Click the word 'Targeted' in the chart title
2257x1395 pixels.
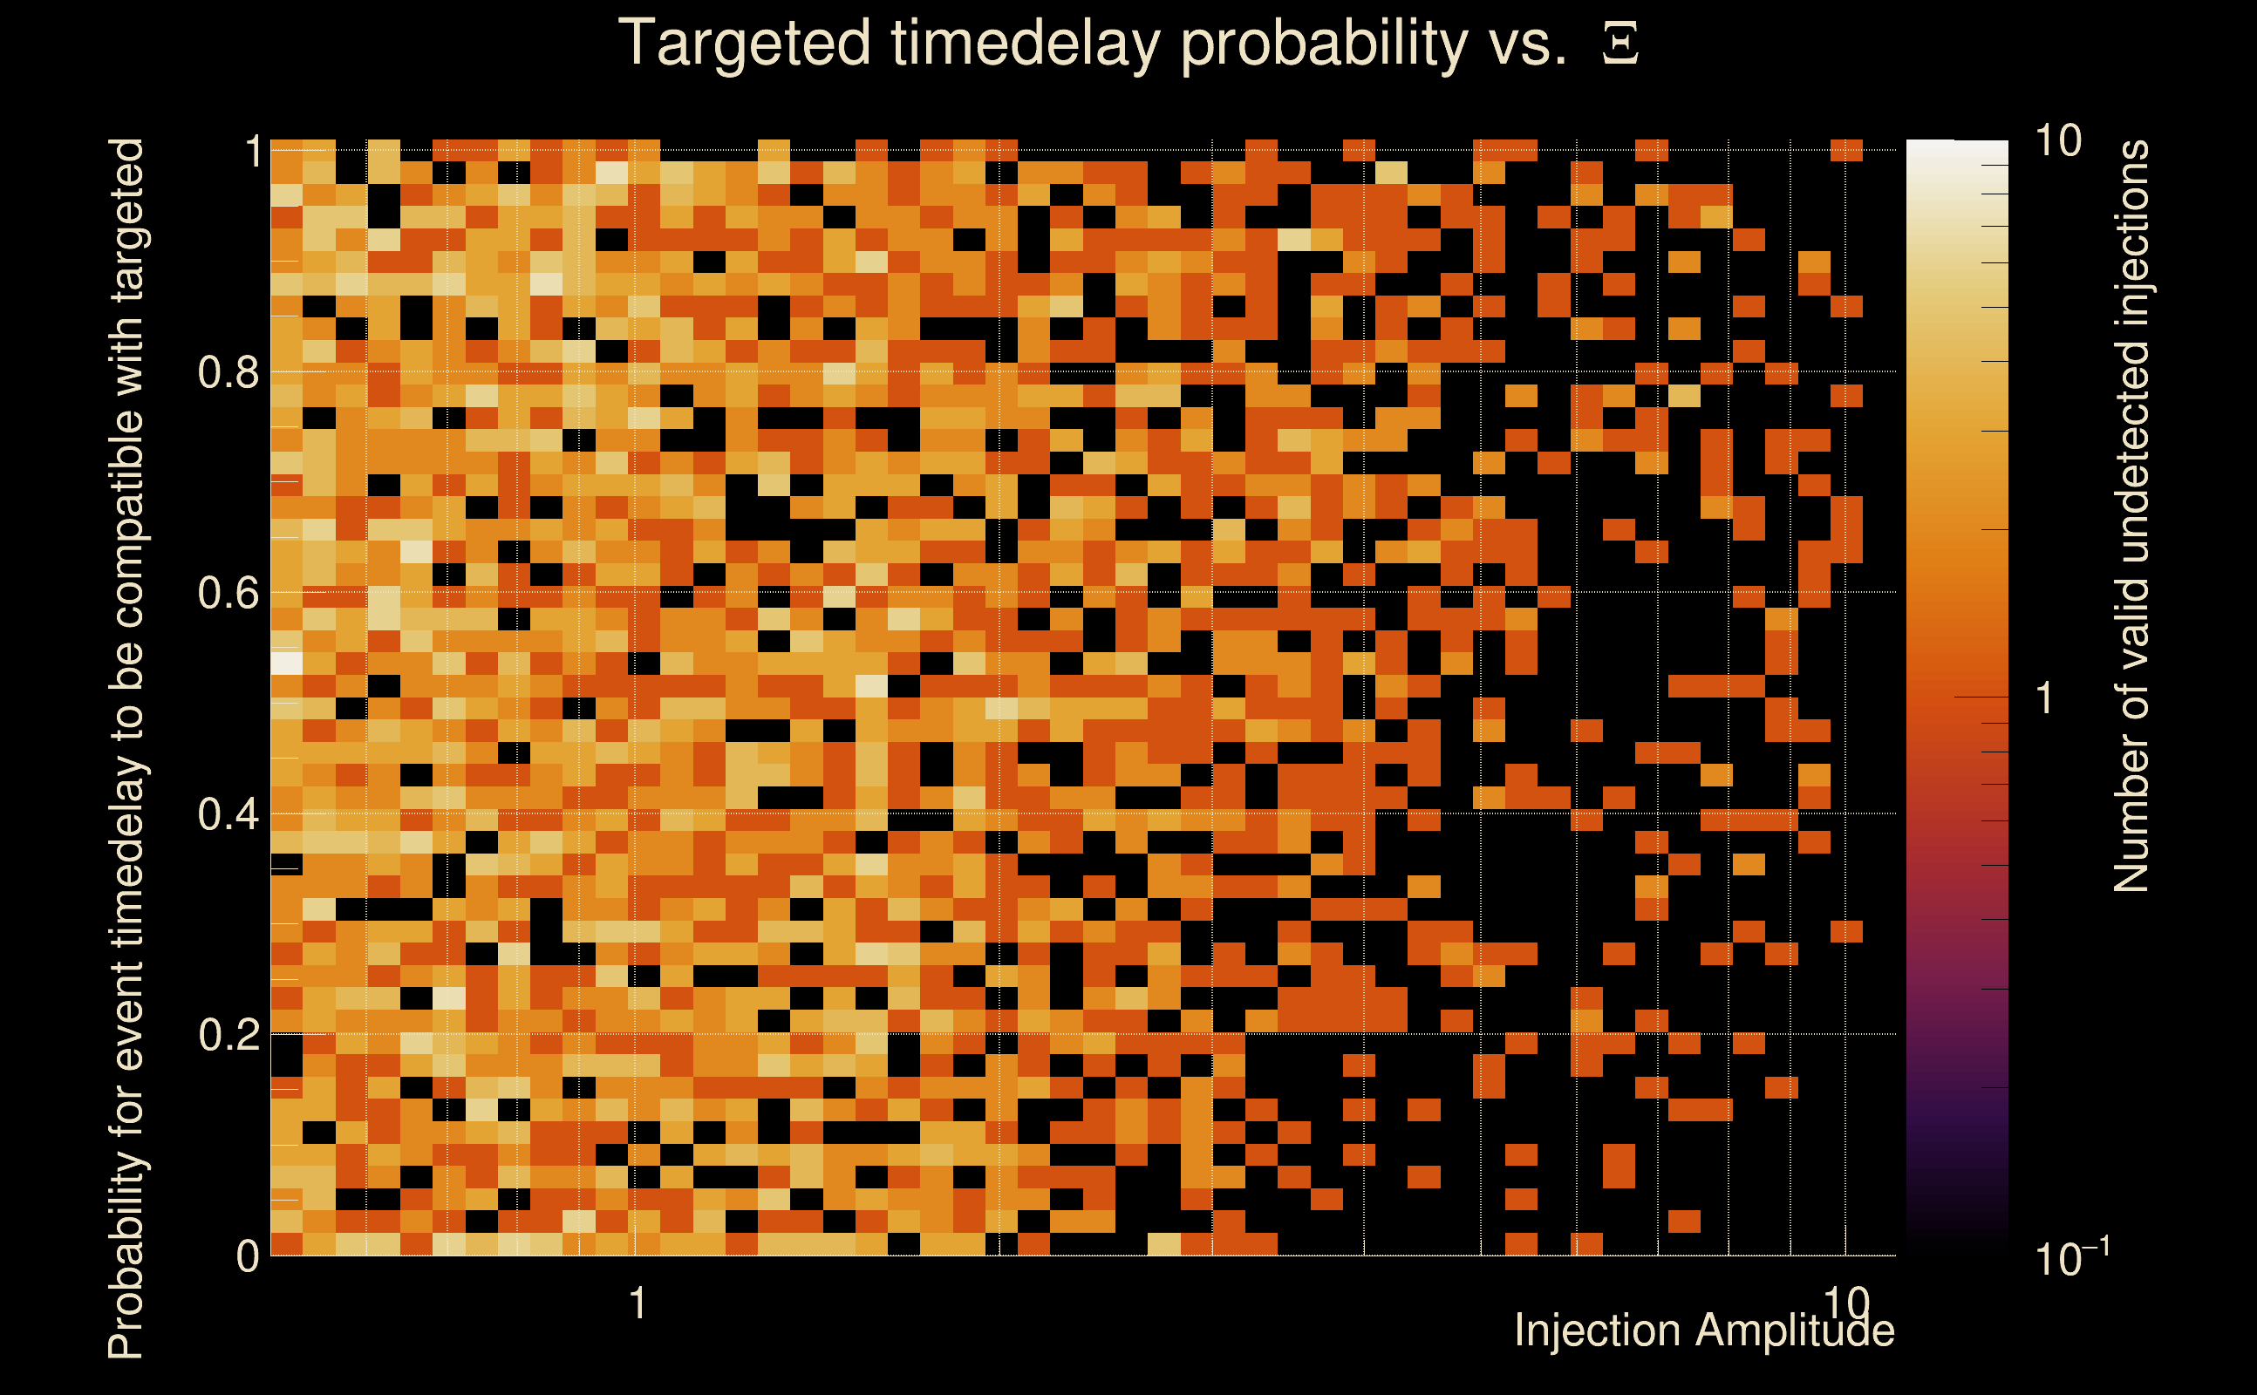(x=744, y=44)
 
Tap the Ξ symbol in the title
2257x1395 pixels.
(x=1620, y=44)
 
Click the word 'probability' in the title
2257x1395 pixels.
(x=1324, y=44)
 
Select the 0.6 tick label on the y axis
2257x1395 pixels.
(x=228, y=592)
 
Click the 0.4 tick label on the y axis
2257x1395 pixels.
(x=228, y=813)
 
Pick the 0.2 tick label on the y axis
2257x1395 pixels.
(x=228, y=1034)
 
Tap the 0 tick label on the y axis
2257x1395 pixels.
(x=249, y=1255)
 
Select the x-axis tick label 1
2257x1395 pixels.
(x=637, y=1303)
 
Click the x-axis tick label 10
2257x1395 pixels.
(x=1846, y=1303)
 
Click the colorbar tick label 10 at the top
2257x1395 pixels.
(x=2057, y=141)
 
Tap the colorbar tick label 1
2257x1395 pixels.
(x=2045, y=698)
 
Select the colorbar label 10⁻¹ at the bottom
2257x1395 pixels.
(x=2070, y=1255)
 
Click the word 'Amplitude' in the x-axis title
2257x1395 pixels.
(x=1795, y=1331)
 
